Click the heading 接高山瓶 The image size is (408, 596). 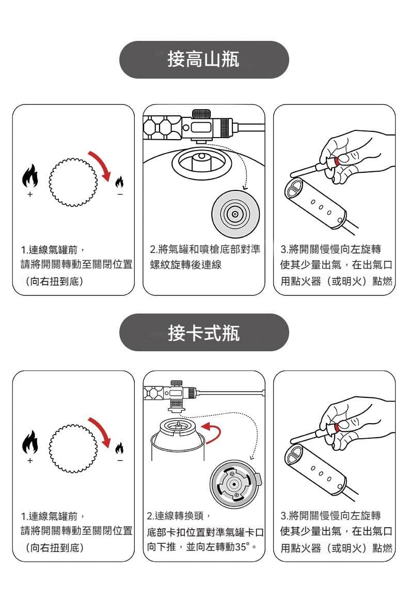tap(203, 60)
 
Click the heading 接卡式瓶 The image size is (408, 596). tap(203, 333)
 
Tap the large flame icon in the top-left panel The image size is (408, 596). tap(29, 177)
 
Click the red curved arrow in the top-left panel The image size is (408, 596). tap(101, 165)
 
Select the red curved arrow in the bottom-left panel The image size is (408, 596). tap(101, 430)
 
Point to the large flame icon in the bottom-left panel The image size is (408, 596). tap(29, 443)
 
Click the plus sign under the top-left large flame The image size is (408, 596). tap(29, 195)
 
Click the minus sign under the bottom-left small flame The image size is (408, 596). tap(119, 460)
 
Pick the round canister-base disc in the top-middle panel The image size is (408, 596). tap(235, 214)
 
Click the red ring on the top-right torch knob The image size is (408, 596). tap(337, 161)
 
